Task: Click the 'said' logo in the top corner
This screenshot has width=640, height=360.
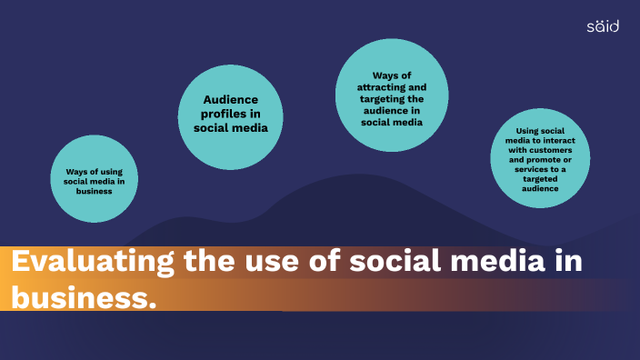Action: click(x=602, y=25)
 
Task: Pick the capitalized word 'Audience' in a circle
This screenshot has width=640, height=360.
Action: click(x=231, y=100)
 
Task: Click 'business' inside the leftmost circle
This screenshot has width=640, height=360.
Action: click(x=94, y=191)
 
